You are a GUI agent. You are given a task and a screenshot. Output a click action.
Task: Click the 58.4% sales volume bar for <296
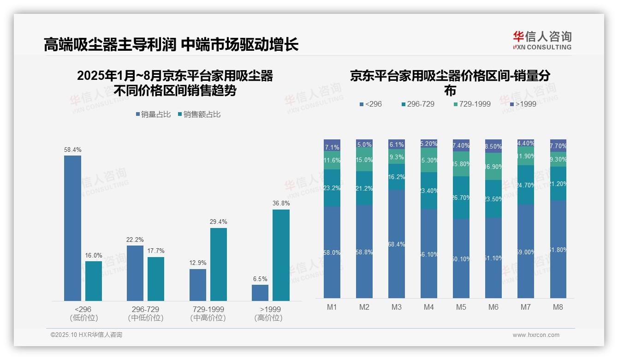[x=72, y=228]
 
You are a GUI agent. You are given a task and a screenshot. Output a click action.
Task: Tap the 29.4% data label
[x=218, y=222]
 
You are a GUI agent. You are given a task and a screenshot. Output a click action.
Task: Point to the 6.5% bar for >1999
[x=260, y=293]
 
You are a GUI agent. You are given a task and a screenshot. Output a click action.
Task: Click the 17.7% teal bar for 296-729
[x=156, y=279]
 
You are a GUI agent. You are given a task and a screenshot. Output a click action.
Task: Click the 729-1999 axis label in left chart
[x=208, y=309]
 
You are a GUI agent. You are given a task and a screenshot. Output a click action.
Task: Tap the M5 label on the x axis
[x=461, y=307]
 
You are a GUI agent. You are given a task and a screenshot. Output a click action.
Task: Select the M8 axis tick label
[x=558, y=307]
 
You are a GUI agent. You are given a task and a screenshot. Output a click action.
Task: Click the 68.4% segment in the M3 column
[x=397, y=244]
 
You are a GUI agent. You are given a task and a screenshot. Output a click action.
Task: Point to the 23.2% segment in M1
[x=332, y=188]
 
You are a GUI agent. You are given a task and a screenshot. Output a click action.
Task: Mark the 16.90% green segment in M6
[x=493, y=166]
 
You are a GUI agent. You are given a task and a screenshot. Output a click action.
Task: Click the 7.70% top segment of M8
[x=558, y=145]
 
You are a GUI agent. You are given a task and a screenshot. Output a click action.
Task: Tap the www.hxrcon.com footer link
[x=536, y=335]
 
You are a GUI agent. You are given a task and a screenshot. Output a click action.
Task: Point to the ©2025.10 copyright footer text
[x=86, y=335]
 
